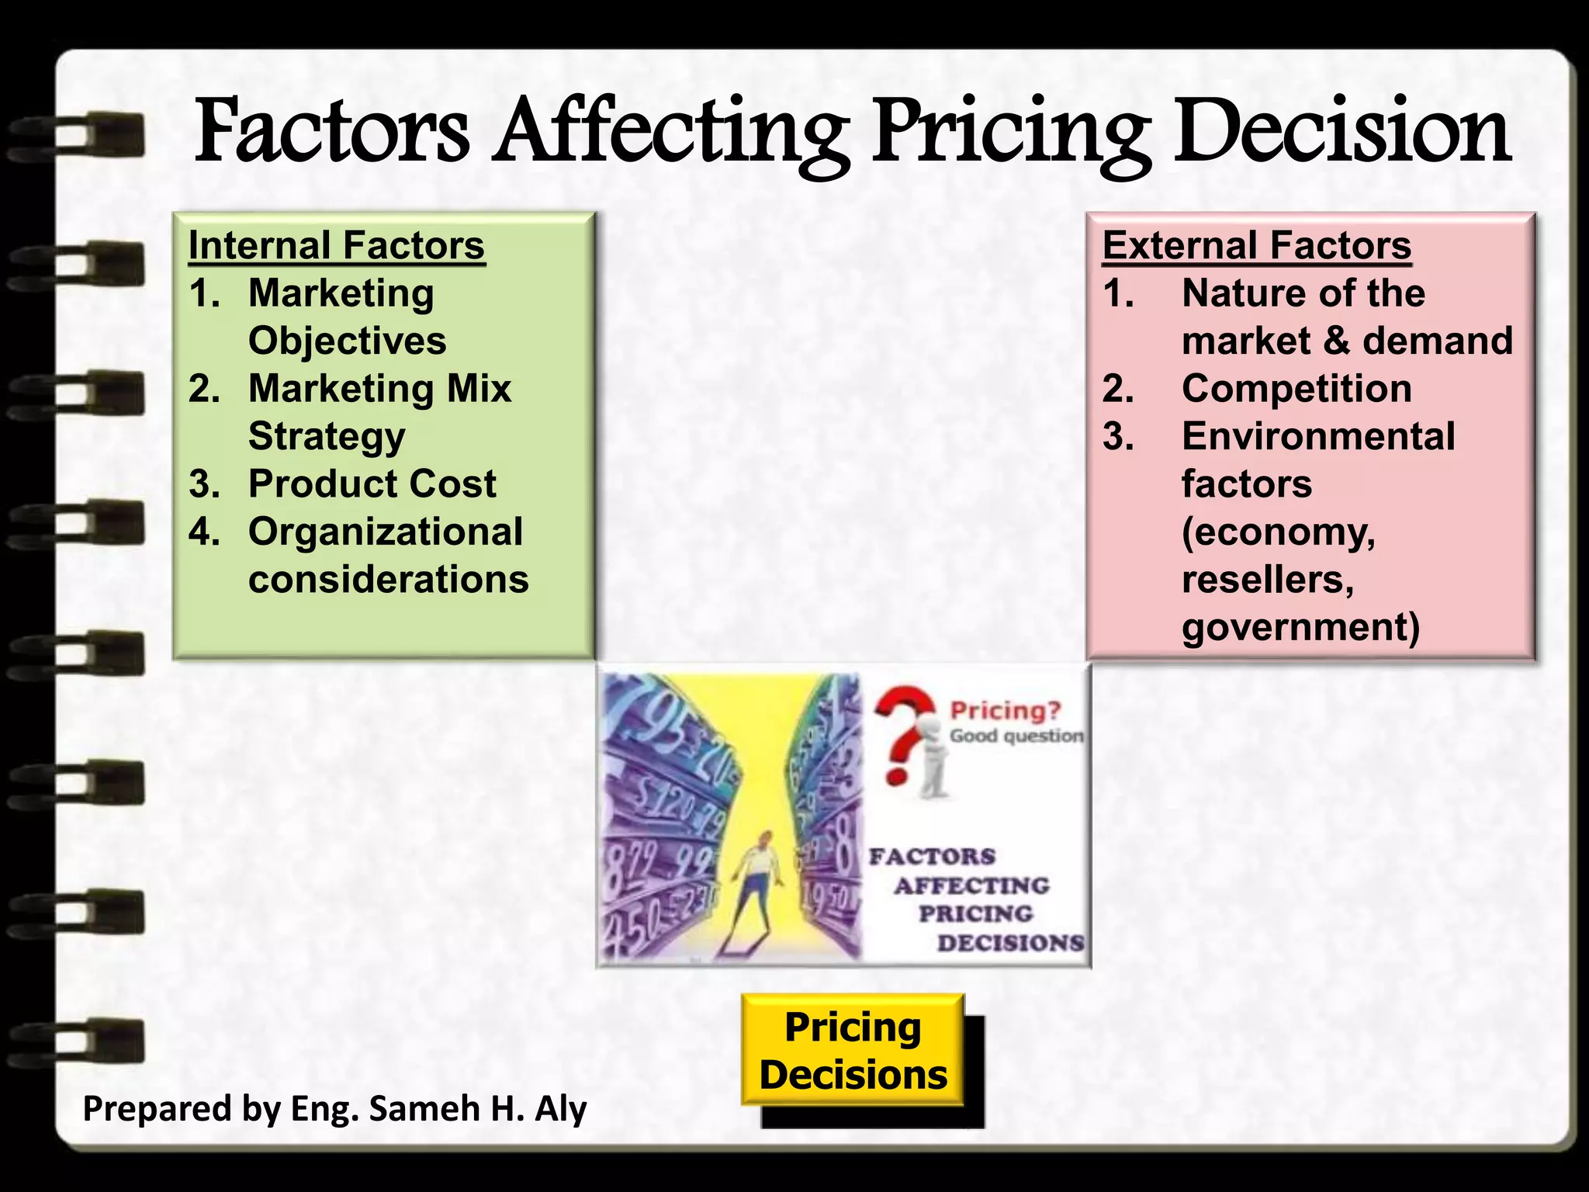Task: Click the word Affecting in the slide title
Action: click(x=672, y=132)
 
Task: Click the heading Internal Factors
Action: click(x=337, y=246)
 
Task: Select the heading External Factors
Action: click(x=1257, y=246)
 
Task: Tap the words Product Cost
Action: click(x=372, y=484)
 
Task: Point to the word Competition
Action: click(x=1296, y=389)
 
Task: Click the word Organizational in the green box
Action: click(x=385, y=532)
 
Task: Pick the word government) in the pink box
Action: click(x=1301, y=627)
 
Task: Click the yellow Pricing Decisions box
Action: click(x=853, y=1050)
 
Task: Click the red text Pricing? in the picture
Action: click(x=1005, y=710)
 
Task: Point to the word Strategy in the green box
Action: click(x=327, y=437)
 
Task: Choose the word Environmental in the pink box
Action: click(x=1318, y=437)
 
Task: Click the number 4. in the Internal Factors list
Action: click(x=204, y=532)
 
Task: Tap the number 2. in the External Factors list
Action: click(x=1118, y=389)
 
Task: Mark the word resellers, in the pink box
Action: click(x=1268, y=580)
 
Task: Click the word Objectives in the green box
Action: click(x=347, y=341)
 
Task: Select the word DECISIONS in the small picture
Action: click(x=1010, y=943)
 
